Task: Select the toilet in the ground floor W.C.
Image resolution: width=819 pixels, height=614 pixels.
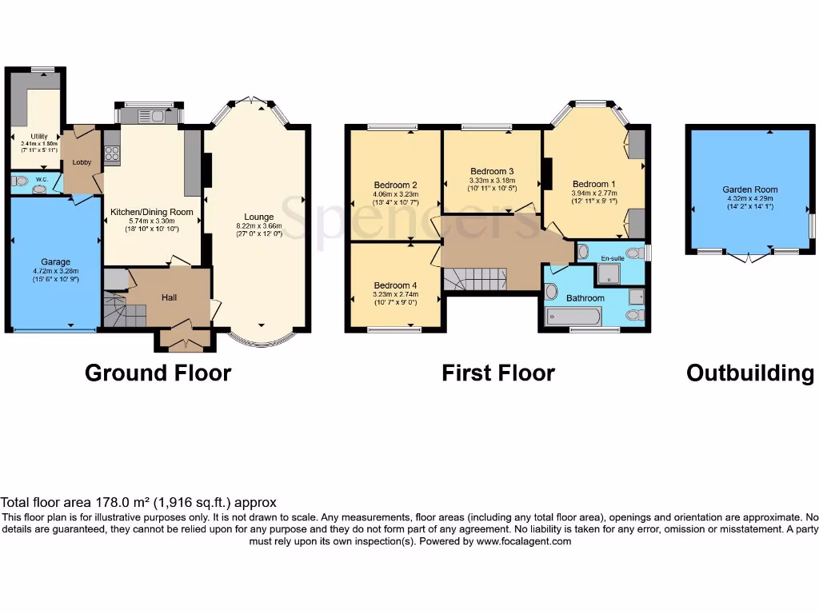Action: (x=18, y=181)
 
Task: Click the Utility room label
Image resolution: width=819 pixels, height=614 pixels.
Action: (x=40, y=137)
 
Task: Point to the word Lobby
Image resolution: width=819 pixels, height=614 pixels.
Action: (x=82, y=162)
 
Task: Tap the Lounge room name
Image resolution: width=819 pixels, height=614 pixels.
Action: (x=259, y=217)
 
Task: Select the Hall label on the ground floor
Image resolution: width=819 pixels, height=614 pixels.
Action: (x=169, y=297)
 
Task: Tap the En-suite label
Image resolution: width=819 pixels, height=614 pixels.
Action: (x=612, y=259)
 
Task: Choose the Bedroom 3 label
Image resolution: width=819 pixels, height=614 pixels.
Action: (x=492, y=171)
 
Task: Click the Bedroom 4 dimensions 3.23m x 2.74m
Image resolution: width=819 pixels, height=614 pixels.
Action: (x=396, y=293)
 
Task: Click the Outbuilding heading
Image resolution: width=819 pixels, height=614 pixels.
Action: (x=750, y=373)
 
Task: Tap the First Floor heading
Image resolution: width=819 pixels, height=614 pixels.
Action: (x=497, y=373)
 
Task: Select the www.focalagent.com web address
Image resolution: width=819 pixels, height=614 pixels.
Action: (x=524, y=541)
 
